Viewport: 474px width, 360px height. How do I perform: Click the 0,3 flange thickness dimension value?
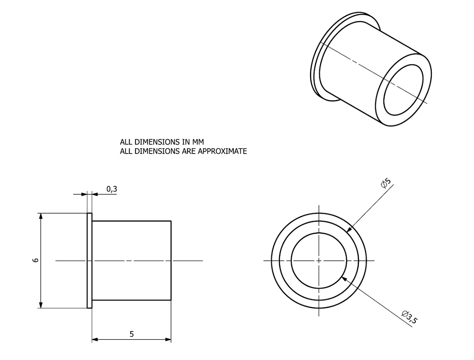coord(111,189)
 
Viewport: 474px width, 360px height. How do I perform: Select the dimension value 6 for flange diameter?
coord(35,260)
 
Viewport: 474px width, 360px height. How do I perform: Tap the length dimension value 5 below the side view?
coord(132,334)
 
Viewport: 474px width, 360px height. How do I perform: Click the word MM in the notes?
coord(198,142)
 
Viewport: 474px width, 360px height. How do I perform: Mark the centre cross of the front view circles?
coord(319,260)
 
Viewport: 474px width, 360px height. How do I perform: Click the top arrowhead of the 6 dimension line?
coord(41,216)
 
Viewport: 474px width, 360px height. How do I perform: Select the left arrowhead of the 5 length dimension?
coord(95,339)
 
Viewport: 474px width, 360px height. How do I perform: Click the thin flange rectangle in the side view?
coord(89,260)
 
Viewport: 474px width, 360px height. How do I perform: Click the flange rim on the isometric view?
coord(316,67)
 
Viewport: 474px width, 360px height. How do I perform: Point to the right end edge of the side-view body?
coord(171,260)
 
